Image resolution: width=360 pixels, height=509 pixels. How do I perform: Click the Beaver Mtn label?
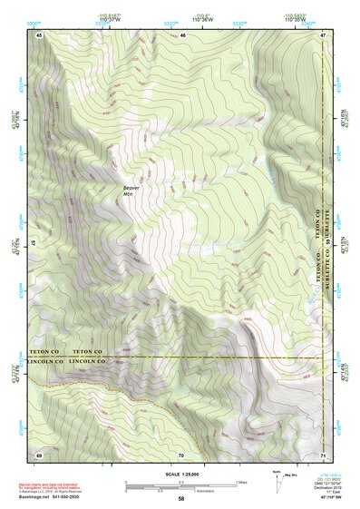[x=132, y=192]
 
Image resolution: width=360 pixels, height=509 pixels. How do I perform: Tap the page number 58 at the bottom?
[x=181, y=499]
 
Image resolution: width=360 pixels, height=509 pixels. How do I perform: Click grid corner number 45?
[x=39, y=34]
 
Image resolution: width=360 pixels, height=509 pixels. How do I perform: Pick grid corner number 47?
[x=324, y=34]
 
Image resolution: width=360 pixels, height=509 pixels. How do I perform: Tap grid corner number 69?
[x=39, y=453]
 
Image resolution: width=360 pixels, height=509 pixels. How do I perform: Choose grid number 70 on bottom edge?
[x=181, y=453]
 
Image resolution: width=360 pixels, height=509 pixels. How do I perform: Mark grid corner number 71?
[x=324, y=453]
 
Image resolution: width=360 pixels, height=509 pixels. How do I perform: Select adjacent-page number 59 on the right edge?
[x=328, y=243]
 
